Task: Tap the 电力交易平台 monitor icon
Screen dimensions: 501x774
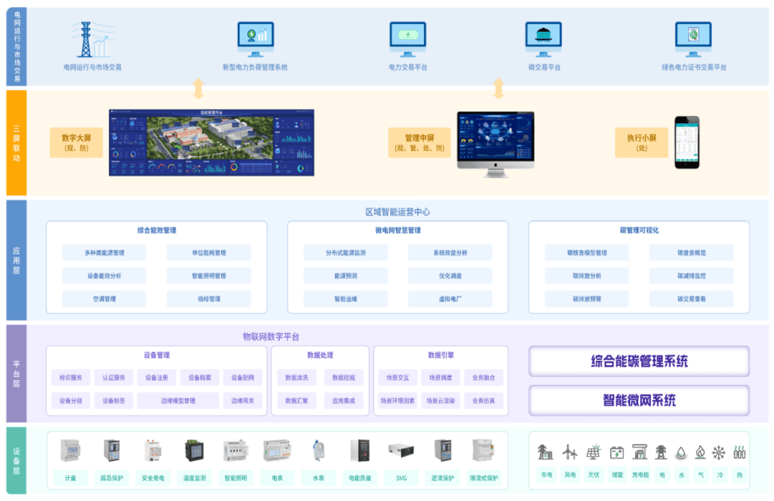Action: click(407, 37)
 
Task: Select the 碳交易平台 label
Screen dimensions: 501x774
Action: click(544, 68)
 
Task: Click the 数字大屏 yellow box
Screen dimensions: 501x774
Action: click(76, 142)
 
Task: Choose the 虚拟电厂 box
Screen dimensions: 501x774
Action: click(449, 299)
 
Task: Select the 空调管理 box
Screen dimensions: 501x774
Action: click(103, 299)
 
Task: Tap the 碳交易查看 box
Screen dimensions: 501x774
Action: click(690, 299)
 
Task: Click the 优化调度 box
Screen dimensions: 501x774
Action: click(449, 276)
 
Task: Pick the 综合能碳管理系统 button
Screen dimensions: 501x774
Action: click(639, 361)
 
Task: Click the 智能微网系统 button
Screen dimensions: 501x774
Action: click(639, 400)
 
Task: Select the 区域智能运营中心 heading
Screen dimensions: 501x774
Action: click(398, 212)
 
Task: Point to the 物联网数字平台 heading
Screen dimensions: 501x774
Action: click(270, 336)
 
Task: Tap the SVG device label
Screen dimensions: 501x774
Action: click(401, 478)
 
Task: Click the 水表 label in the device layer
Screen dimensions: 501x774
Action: click(318, 478)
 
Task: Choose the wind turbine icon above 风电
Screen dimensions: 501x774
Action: click(570, 452)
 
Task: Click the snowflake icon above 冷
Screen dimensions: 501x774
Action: click(718, 452)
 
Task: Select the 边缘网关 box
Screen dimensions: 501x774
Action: click(242, 401)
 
